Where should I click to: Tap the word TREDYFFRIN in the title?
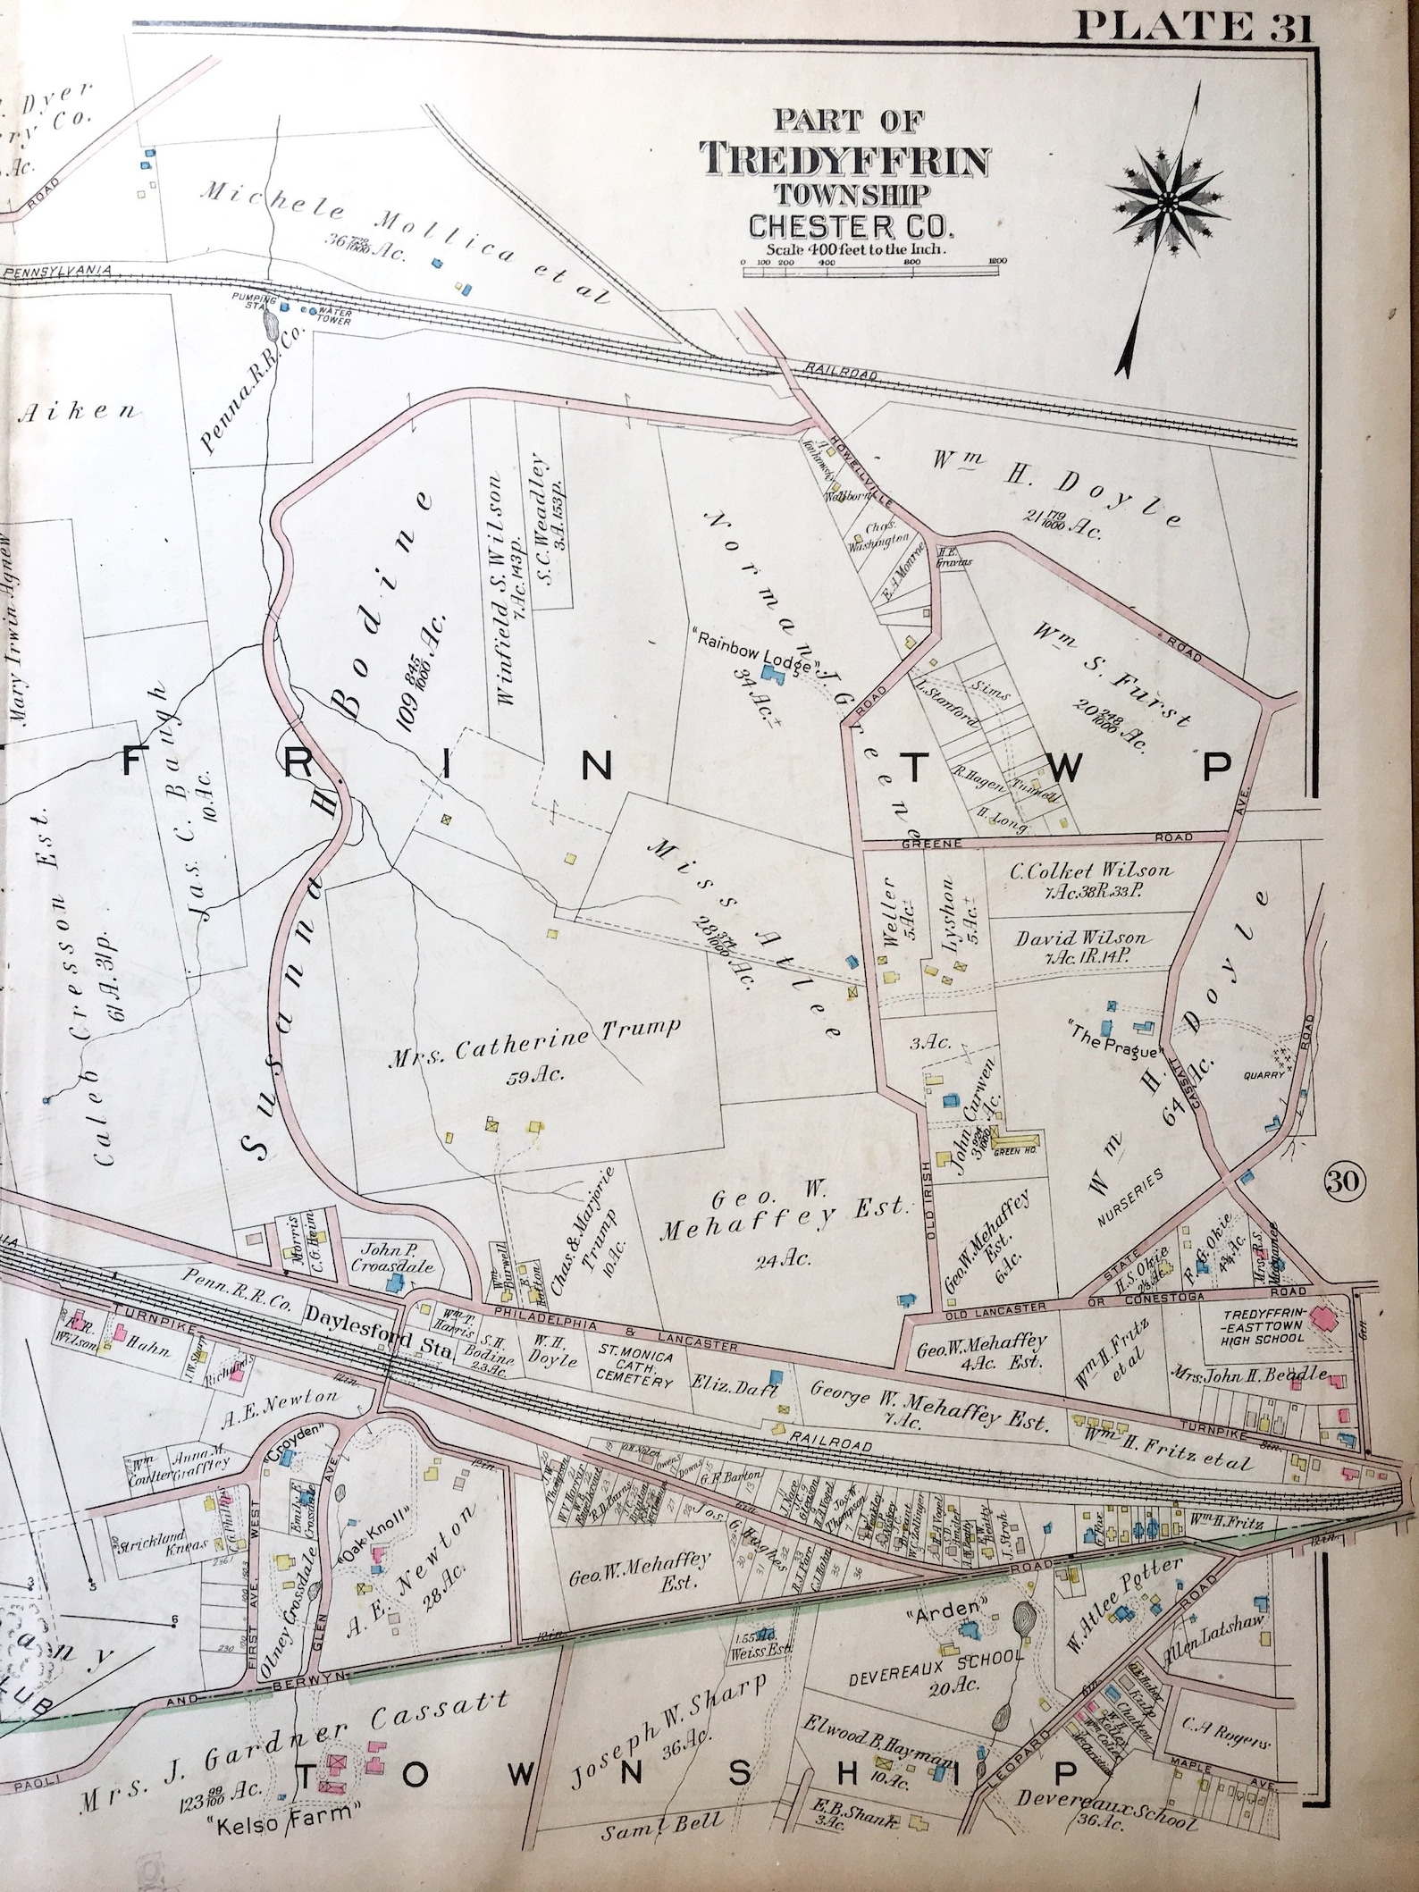point(845,161)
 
